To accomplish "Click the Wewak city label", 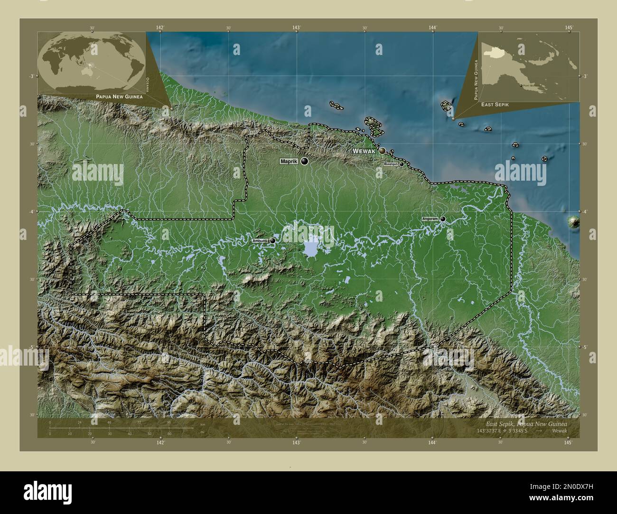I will pyautogui.click(x=364, y=151).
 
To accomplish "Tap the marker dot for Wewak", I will pyautogui.click(x=382, y=151).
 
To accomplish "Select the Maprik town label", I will pyautogui.click(x=289, y=162).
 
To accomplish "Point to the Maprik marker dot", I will pyautogui.click(x=304, y=162).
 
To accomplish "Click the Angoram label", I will pyautogui.click(x=430, y=219).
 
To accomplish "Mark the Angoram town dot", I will pyautogui.click(x=443, y=219).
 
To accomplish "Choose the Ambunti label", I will pyautogui.click(x=260, y=241).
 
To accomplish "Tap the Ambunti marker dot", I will pyautogui.click(x=272, y=241).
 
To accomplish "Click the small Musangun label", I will pyautogui.click(x=390, y=164).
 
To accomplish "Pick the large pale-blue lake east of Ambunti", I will pyautogui.click(x=311, y=248).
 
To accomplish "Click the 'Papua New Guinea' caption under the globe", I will pyautogui.click(x=118, y=96).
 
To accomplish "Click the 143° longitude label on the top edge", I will pyautogui.click(x=296, y=28).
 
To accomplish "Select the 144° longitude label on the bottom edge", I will pyautogui.click(x=432, y=442).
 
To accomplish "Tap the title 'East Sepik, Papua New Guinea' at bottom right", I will pyautogui.click(x=526, y=423).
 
